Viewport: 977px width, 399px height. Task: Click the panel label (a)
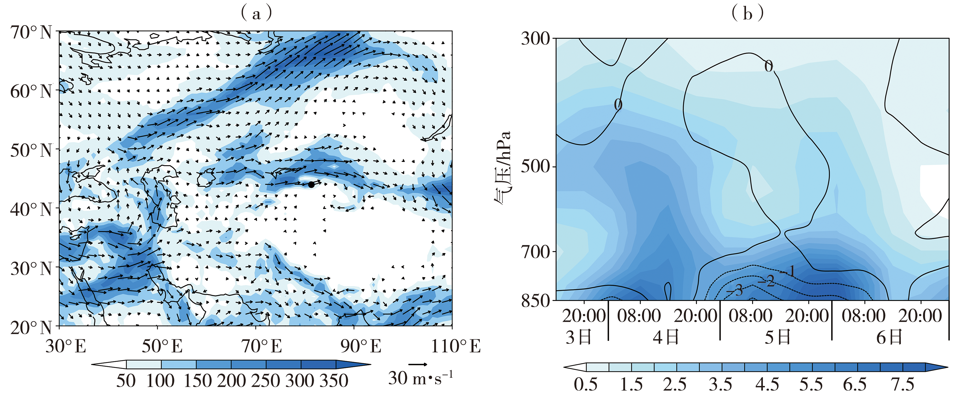coord(256,14)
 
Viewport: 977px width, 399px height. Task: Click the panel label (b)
coord(747,14)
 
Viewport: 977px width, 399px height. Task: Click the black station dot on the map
coord(311,185)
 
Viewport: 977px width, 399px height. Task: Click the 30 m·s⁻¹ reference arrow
coord(417,365)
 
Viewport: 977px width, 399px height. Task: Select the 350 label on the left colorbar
coord(334,381)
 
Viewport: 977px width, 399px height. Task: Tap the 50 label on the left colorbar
coord(126,381)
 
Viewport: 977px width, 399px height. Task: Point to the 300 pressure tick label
coord(535,39)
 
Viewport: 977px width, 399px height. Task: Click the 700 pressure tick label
coord(535,252)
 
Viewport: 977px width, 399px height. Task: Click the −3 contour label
coord(736,291)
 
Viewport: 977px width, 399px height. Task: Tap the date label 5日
coord(777,337)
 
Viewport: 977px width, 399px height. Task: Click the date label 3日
coord(579,337)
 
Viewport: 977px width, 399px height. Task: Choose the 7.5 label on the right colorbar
coord(903,385)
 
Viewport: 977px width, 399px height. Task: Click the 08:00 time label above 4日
coord(639,316)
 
